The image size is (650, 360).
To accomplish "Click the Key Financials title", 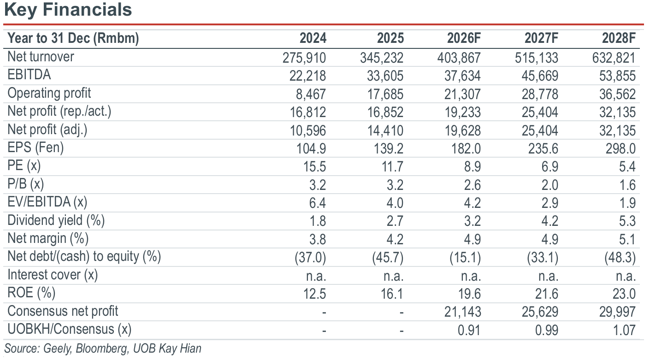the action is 68,10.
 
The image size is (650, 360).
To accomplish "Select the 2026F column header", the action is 464,38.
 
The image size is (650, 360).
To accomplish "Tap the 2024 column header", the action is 313,38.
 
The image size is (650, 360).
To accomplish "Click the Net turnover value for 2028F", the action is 614,58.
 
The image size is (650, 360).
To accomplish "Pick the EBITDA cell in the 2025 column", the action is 385,76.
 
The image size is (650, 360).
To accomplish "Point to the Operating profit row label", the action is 49,94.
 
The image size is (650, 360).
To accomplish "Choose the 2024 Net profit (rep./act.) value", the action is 308,112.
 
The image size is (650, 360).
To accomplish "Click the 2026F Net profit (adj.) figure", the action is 462,130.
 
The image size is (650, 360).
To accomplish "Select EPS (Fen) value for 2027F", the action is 543,149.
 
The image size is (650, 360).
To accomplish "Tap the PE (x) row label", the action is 24,166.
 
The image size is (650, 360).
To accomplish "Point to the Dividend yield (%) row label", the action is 56,220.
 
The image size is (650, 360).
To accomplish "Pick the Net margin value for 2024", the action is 318,240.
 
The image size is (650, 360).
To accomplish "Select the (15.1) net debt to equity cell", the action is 465,258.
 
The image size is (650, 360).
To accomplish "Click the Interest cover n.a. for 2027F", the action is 548,276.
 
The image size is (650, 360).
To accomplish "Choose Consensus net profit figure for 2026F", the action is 462,312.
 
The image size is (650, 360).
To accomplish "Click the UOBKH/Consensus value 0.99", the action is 547,330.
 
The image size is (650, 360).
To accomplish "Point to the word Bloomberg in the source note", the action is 102,348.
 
